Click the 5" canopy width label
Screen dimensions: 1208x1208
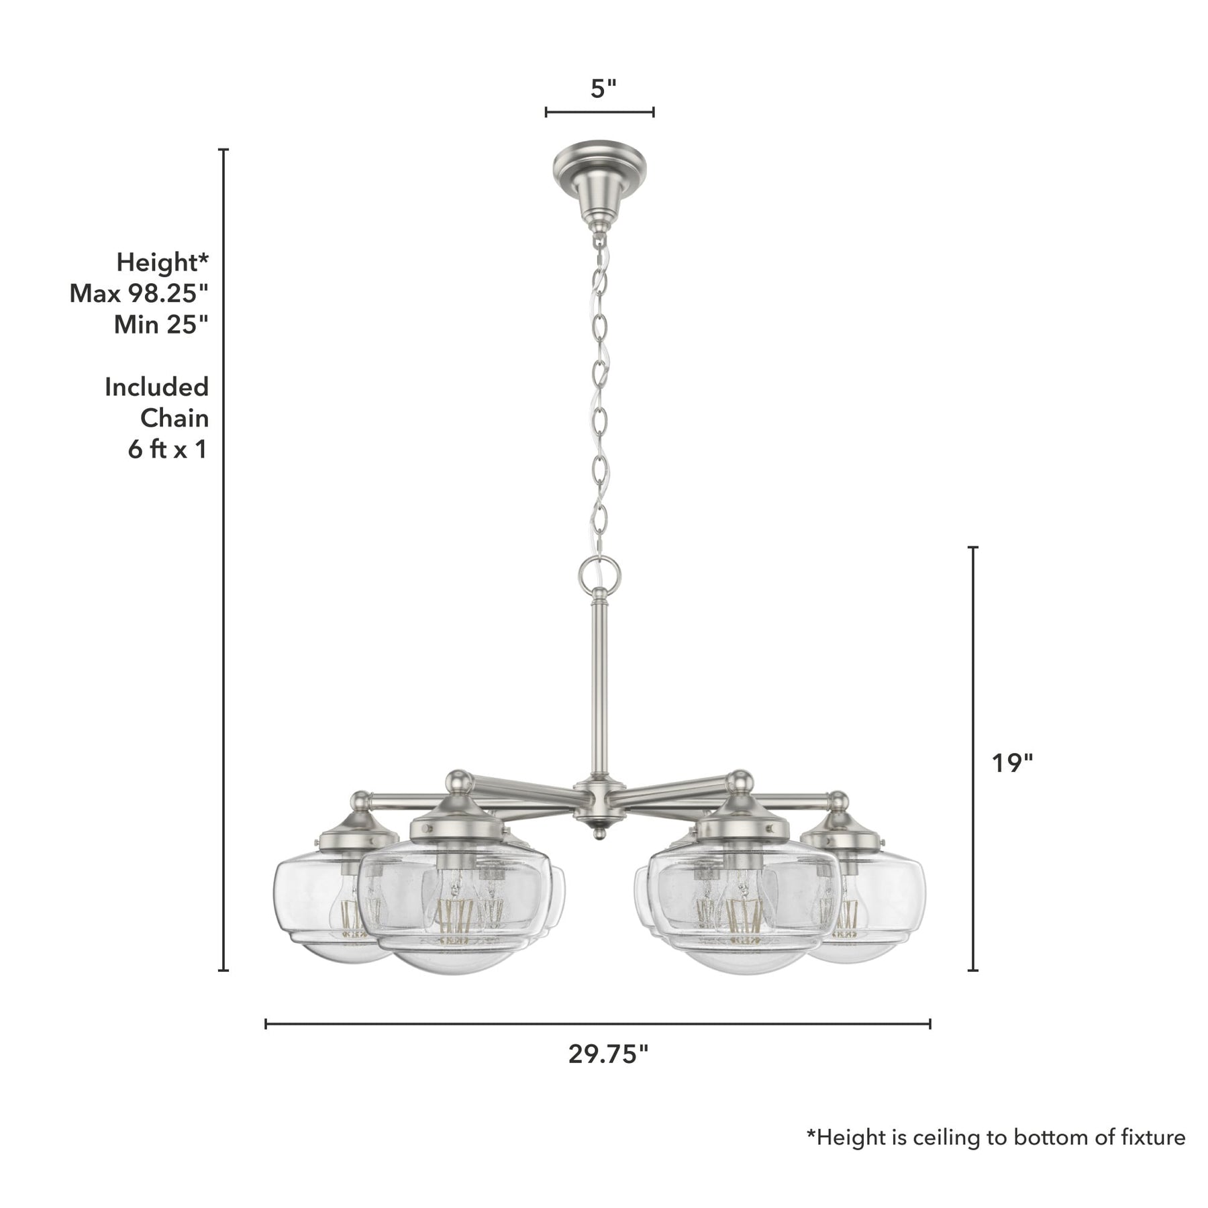(603, 88)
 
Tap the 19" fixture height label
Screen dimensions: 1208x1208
(1012, 762)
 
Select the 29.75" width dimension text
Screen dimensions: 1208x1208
(608, 1054)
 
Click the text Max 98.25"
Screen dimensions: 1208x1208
(139, 293)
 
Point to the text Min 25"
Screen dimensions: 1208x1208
(161, 325)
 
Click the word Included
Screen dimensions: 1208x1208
(156, 387)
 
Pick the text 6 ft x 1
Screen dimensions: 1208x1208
(167, 450)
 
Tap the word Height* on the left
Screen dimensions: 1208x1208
(162, 262)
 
